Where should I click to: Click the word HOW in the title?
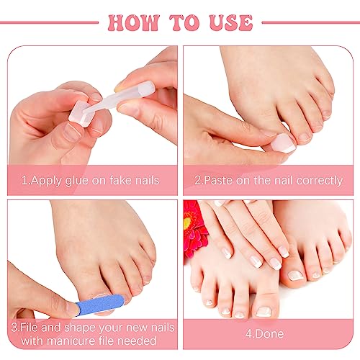pyautogui.click(x=134, y=22)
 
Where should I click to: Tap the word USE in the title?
pyautogui.click(x=231, y=22)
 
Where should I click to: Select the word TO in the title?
pyautogui.click(x=184, y=22)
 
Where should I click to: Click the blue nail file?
pyautogui.click(x=99, y=305)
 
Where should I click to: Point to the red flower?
pyautogui.click(x=194, y=228)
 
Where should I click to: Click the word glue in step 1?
pyautogui.click(x=77, y=181)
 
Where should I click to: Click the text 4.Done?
pyautogui.click(x=264, y=334)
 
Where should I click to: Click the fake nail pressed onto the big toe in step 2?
pyautogui.click(x=283, y=143)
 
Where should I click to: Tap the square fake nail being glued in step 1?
pyautogui.click(x=81, y=114)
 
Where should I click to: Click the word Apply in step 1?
pyautogui.click(x=46, y=181)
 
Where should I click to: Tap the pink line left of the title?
pyautogui.click(x=49, y=22)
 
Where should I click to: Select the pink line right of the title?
pyautogui.click(x=311, y=22)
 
